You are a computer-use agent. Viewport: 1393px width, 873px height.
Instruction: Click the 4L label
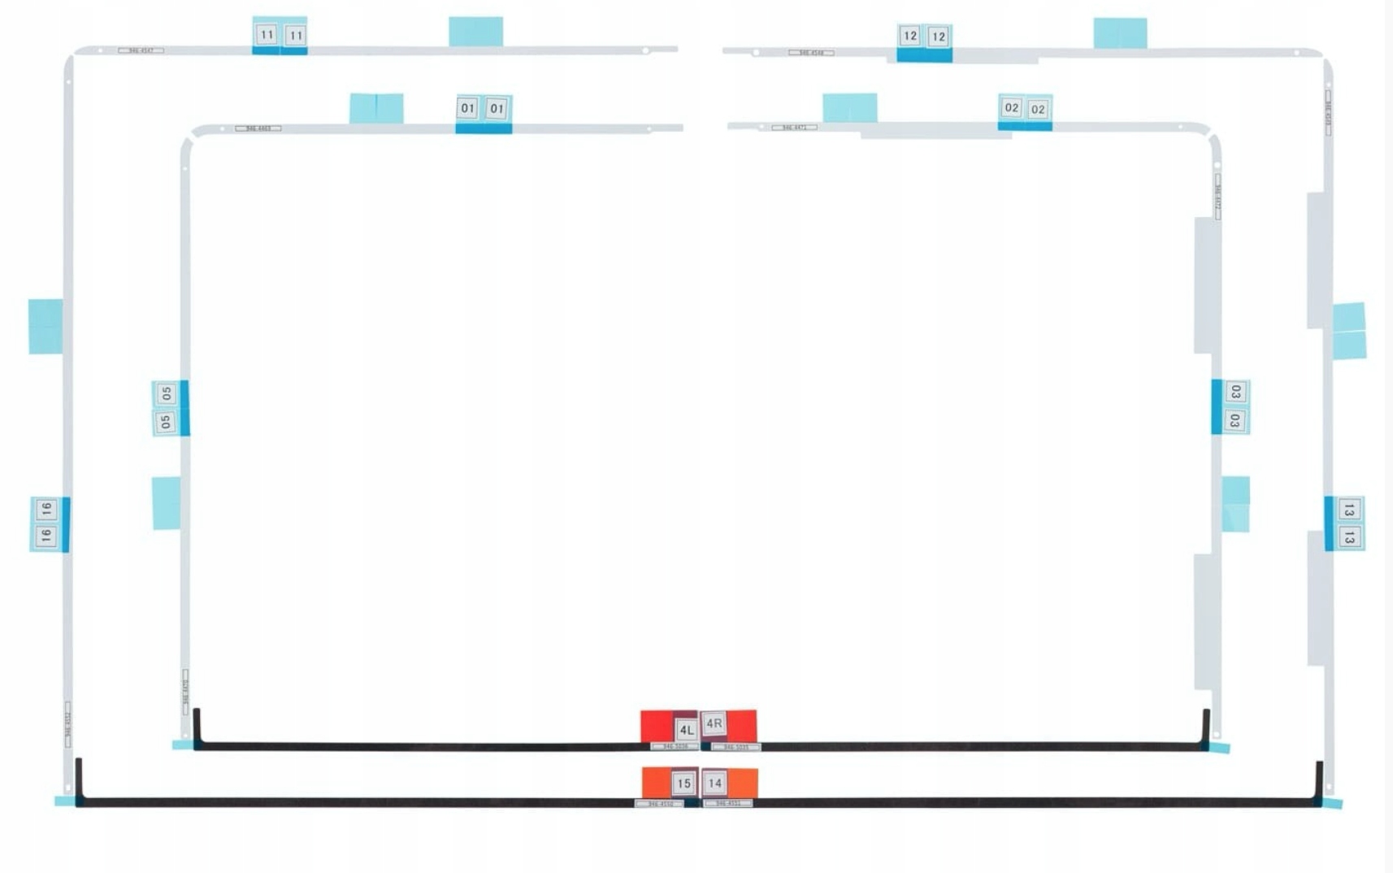tap(686, 729)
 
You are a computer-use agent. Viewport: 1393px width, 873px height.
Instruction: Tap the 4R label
tap(714, 723)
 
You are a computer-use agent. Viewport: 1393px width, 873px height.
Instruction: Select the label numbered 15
tap(683, 783)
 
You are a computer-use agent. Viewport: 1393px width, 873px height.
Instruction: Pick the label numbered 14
tap(714, 783)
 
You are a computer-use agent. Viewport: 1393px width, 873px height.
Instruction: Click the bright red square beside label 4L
tap(656, 726)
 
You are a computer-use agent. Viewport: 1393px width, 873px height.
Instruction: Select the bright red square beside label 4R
tap(742, 725)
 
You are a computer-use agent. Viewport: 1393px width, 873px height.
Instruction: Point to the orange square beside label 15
tap(656, 782)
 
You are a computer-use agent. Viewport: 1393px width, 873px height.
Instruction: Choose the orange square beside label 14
tap(743, 783)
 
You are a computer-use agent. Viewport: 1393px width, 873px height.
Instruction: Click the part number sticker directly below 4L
tap(675, 746)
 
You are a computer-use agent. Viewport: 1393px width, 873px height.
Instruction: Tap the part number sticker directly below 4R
tap(736, 747)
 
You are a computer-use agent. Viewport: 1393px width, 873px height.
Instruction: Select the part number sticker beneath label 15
tap(659, 804)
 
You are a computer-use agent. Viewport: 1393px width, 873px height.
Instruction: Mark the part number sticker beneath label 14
tap(727, 803)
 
